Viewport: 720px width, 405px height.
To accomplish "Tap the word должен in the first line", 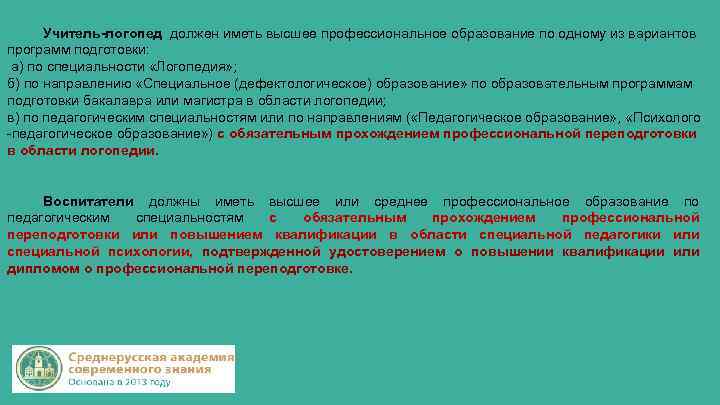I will pyautogui.click(x=190, y=33).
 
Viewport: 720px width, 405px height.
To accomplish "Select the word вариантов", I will pyautogui.click(x=663, y=33).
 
